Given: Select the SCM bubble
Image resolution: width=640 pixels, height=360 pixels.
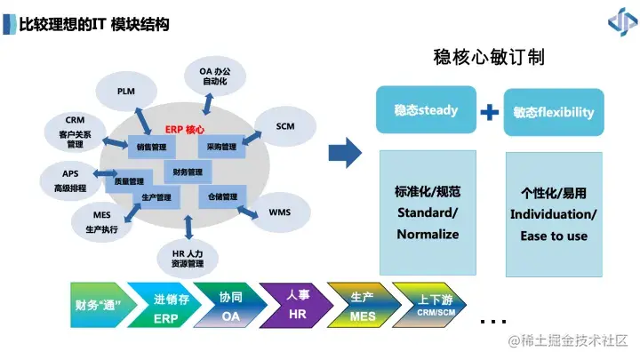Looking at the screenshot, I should coord(284,126).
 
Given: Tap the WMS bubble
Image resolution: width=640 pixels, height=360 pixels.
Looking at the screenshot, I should coord(279,212).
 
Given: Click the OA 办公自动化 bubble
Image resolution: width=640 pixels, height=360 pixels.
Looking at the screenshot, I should coord(210,76).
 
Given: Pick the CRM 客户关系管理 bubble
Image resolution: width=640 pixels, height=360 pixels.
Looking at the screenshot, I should coord(75,131).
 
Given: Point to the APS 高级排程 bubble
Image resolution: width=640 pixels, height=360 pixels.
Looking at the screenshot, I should coord(70,181).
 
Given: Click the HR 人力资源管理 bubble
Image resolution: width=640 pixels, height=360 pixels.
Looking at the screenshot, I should coord(188,258).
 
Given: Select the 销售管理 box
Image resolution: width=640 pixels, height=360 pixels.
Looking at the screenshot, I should coord(152,147).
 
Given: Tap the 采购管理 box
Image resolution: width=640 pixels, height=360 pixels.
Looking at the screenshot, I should coord(221,147).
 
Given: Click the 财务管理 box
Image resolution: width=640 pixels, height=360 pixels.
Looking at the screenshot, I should coord(188,172).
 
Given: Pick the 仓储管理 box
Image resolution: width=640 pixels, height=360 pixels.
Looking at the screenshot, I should coord(222,196).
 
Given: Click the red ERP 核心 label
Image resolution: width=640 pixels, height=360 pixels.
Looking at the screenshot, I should coord(185,128).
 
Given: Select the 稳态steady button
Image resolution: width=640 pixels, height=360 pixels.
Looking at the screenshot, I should coord(426,111).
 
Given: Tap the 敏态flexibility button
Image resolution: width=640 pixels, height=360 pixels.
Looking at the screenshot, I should coord(553,113).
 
